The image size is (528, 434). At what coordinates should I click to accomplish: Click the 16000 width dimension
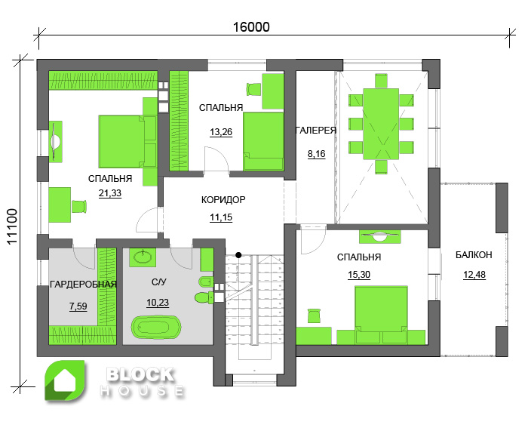coord(251,27)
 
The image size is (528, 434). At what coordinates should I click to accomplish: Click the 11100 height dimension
coord(12,226)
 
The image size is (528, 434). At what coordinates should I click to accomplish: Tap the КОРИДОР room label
coord(223,200)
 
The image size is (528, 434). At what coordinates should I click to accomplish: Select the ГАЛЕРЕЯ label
coord(316,131)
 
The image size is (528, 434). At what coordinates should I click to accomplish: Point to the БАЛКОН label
coord(474,255)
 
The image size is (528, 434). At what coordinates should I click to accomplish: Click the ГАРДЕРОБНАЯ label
coord(83,285)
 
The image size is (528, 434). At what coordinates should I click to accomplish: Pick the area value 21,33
coord(110,193)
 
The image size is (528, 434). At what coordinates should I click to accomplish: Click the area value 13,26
coord(221,132)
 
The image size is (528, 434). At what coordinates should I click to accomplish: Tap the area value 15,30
coord(359,275)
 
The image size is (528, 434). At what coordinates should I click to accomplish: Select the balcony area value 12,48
coord(474,275)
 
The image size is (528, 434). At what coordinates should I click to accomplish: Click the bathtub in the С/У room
coord(156,327)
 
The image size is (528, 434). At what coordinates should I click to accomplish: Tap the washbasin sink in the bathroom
coord(143,257)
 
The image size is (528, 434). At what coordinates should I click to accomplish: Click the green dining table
coord(381,124)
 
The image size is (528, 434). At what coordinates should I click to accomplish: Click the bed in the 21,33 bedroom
coord(127,142)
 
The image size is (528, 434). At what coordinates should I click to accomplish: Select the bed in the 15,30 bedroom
coord(381,315)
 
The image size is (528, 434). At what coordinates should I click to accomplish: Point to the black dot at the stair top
coord(238,255)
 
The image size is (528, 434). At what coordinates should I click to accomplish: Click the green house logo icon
coord(66,381)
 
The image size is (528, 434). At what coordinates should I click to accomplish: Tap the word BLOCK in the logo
coord(140,375)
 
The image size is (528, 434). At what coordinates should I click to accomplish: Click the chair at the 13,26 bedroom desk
coord(253,89)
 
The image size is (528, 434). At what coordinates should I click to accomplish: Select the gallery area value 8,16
coord(317,154)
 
